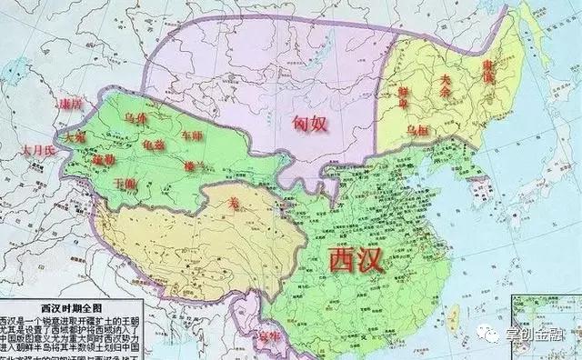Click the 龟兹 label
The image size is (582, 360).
point(154,144)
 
